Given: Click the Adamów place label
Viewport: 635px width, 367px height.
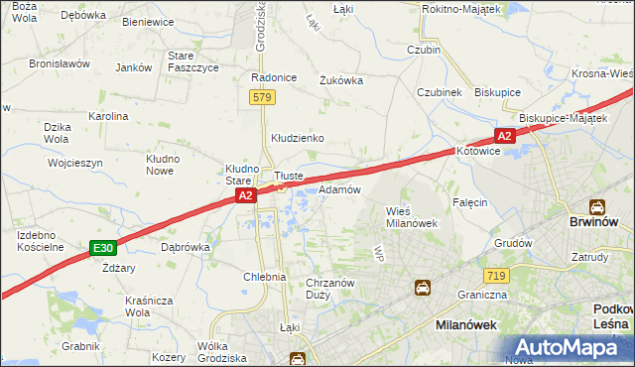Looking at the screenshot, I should click(339, 189).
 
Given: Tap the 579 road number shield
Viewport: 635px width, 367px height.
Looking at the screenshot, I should click(262, 97).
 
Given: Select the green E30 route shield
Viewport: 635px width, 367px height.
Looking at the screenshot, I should click(100, 247).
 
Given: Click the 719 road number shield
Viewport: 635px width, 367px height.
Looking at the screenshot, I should click(497, 274).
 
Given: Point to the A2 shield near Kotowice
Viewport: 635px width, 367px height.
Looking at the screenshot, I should click(504, 136).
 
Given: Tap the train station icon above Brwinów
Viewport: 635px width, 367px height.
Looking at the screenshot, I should click(597, 207).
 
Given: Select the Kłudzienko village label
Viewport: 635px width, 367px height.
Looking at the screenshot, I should click(298, 138).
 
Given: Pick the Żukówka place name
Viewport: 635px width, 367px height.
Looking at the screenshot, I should click(340, 81).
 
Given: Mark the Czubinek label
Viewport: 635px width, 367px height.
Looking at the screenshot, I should click(440, 91).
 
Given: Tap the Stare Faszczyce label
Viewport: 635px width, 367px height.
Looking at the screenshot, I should click(192, 61).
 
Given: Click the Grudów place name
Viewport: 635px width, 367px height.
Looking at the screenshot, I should click(513, 242).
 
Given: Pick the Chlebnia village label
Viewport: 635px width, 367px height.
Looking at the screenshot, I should click(265, 278).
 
